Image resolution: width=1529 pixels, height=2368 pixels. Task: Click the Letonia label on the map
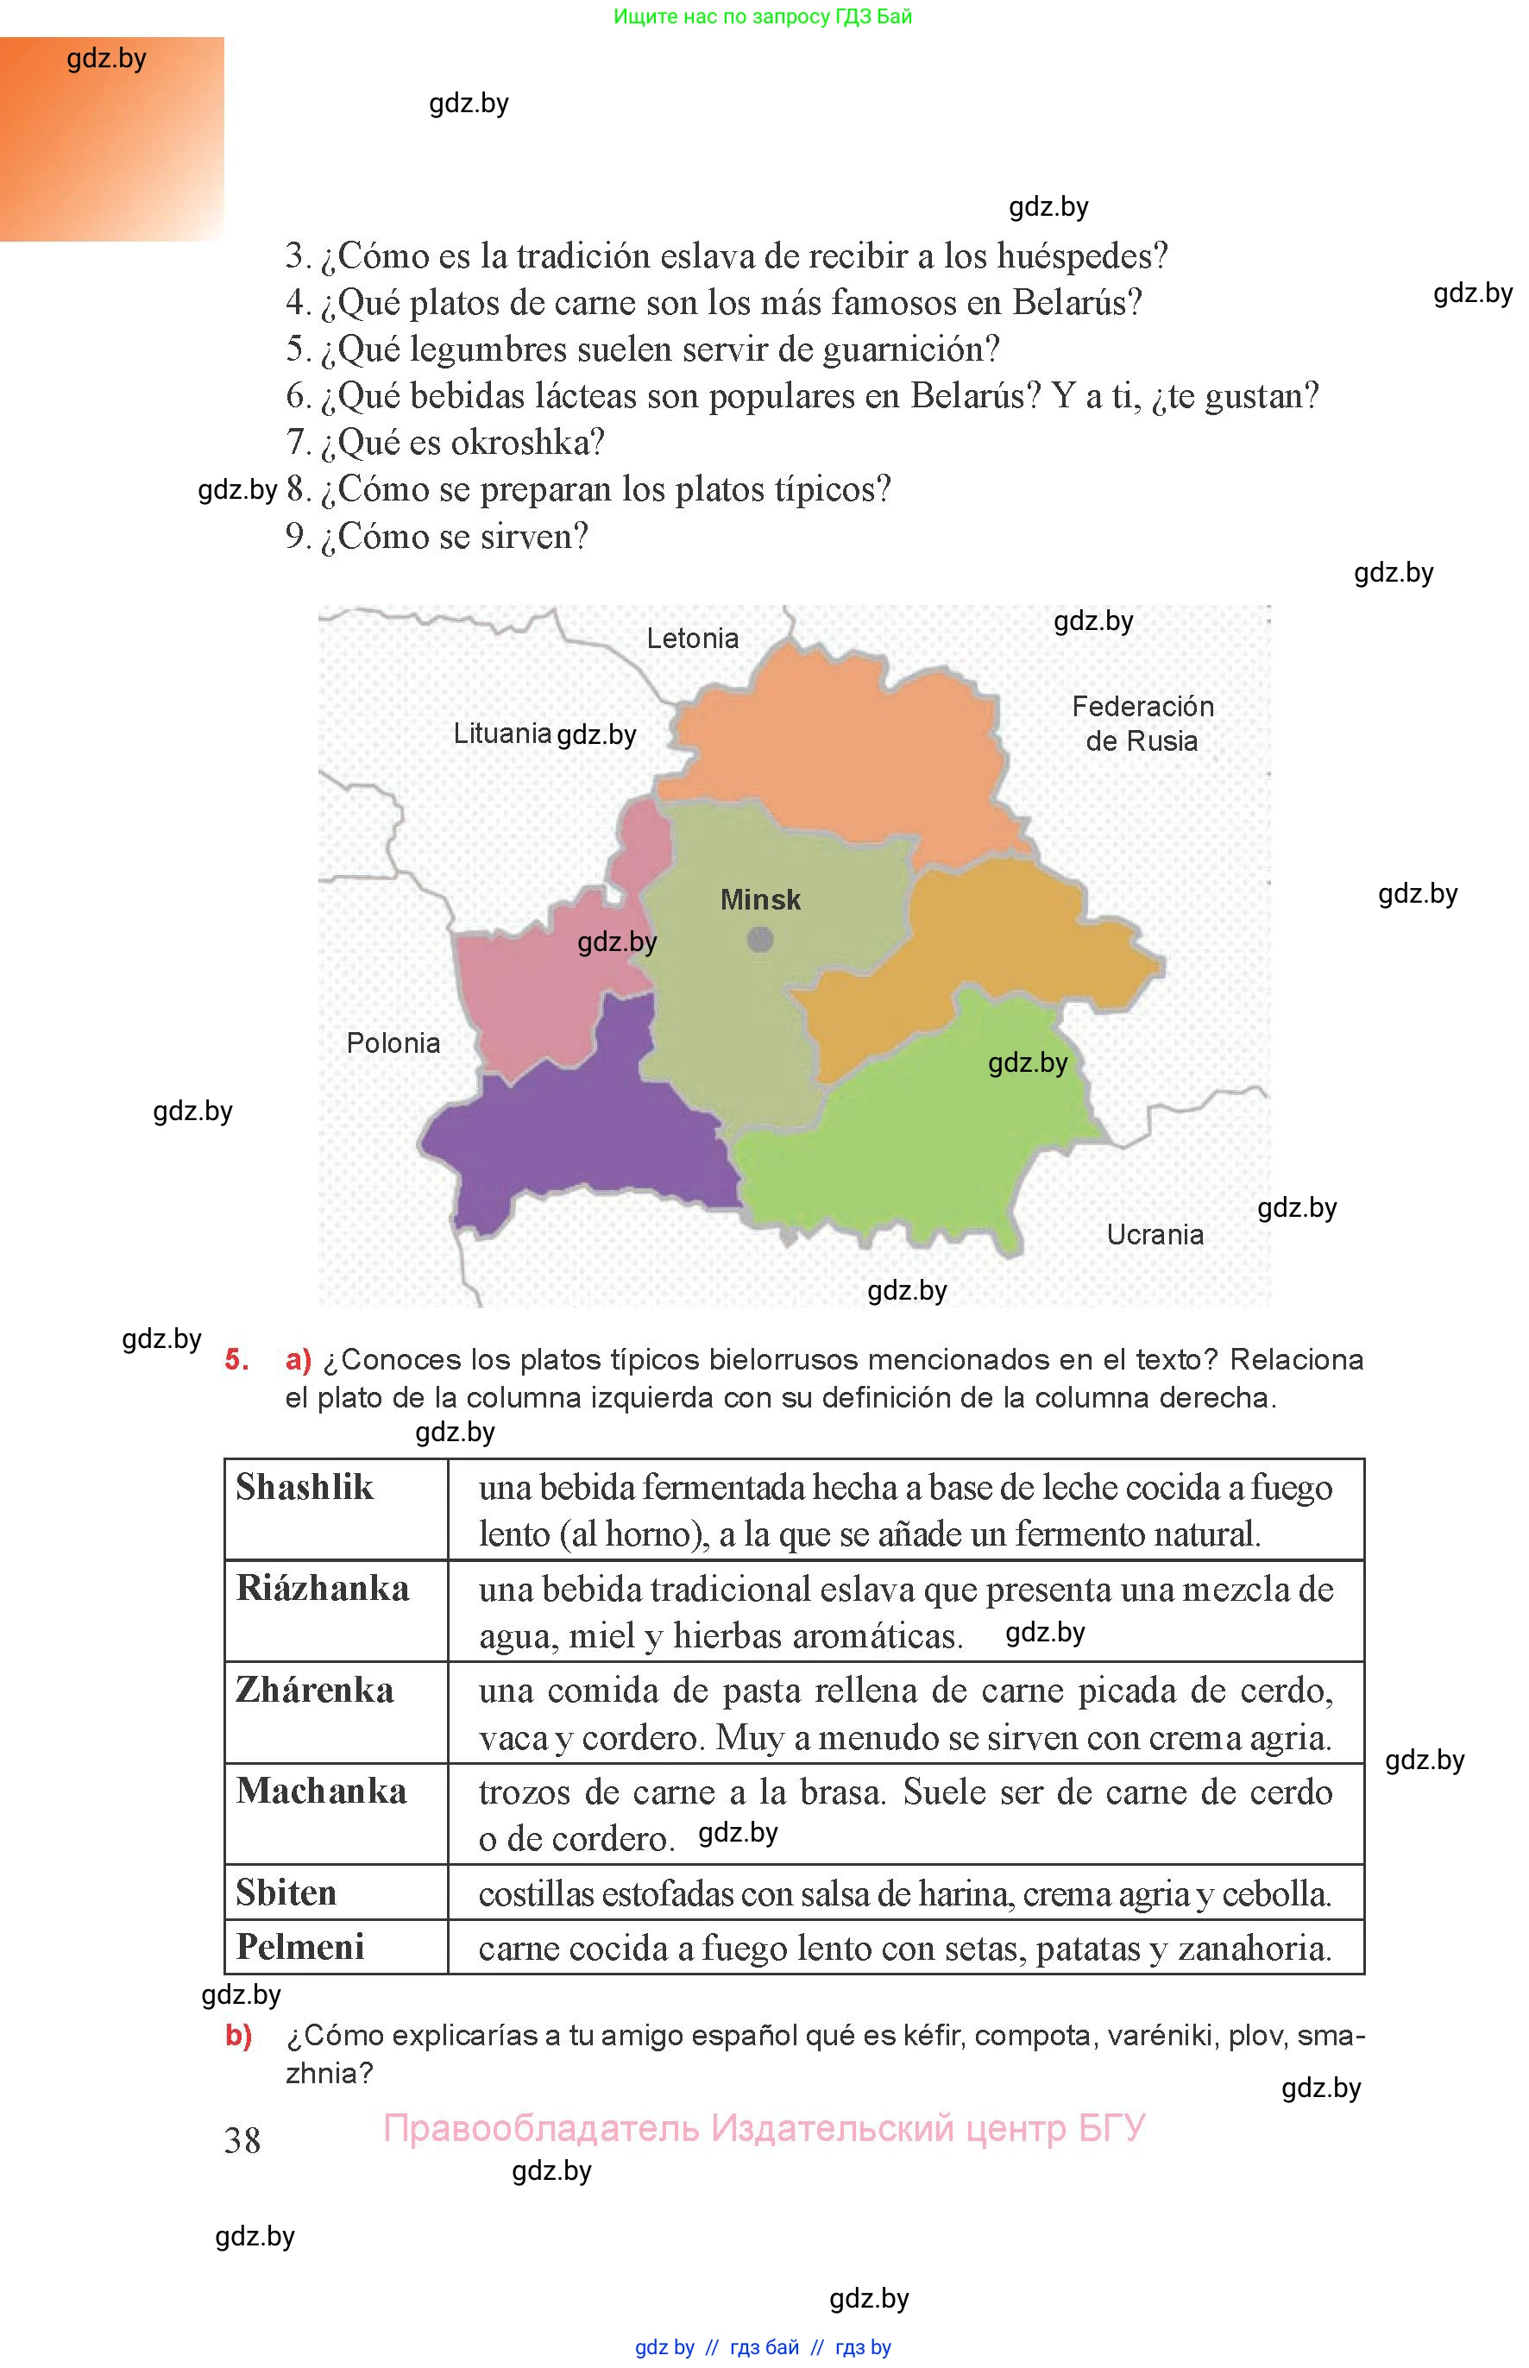click(x=692, y=639)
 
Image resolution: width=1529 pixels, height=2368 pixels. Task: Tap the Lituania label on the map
click(x=501, y=734)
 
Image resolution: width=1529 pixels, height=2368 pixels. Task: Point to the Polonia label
click(x=393, y=1043)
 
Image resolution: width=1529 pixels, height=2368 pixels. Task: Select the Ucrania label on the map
click(x=1155, y=1235)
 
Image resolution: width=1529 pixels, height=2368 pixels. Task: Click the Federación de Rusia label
click(x=1142, y=724)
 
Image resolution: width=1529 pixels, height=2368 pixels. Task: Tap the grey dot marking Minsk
click(x=760, y=939)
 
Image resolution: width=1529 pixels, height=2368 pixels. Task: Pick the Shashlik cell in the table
click(x=305, y=1487)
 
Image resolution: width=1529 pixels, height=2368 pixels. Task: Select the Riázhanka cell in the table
click(x=323, y=1589)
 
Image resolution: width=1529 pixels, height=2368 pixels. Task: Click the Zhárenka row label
click(x=315, y=1690)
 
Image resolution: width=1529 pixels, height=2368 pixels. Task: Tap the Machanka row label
click(x=322, y=1792)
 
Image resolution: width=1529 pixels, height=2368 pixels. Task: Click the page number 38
click(x=242, y=2141)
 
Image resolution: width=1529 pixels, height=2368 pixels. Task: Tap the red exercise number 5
click(x=236, y=1360)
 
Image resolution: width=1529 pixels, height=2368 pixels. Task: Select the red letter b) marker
click(x=238, y=2036)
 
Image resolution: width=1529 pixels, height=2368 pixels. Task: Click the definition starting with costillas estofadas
click(x=903, y=1893)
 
